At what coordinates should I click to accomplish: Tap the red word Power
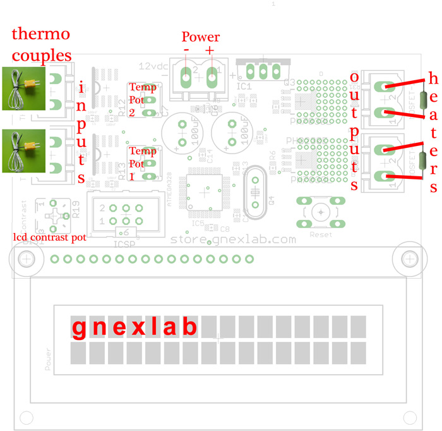[200, 37]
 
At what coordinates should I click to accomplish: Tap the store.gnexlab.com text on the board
[234, 240]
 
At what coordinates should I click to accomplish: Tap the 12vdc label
[153, 65]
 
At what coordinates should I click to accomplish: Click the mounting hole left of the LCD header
[27, 258]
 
